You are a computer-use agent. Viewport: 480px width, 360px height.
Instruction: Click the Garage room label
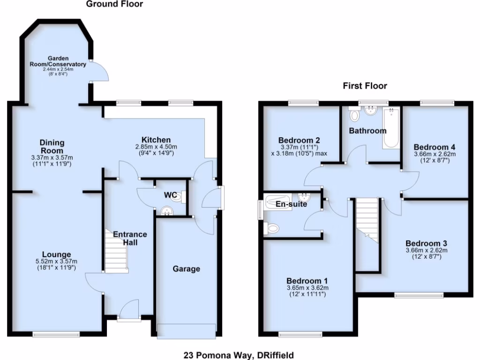tap(186, 269)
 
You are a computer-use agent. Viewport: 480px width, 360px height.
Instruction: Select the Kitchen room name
tap(156, 140)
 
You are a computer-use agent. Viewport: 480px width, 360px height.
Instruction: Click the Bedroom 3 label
tap(426, 243)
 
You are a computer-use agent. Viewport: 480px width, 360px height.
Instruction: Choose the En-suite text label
tap(291, 204)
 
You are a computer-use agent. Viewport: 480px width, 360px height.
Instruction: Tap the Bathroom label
tap(367, 131)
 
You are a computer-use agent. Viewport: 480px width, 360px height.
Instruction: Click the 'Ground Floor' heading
tap(114, 4)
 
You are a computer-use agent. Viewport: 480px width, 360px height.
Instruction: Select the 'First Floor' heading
tap(365, 86)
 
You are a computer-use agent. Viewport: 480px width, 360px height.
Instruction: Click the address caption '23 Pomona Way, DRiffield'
tap(240, 355)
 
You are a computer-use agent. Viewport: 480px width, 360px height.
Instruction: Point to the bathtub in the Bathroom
tap(390, 128)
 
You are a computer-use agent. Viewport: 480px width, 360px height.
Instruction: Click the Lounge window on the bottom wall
tap(56, 334)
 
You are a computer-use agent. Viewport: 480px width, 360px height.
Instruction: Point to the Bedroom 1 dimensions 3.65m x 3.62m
tap(307, 287)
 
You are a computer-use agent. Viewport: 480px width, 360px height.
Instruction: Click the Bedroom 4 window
tap(437, 102)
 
